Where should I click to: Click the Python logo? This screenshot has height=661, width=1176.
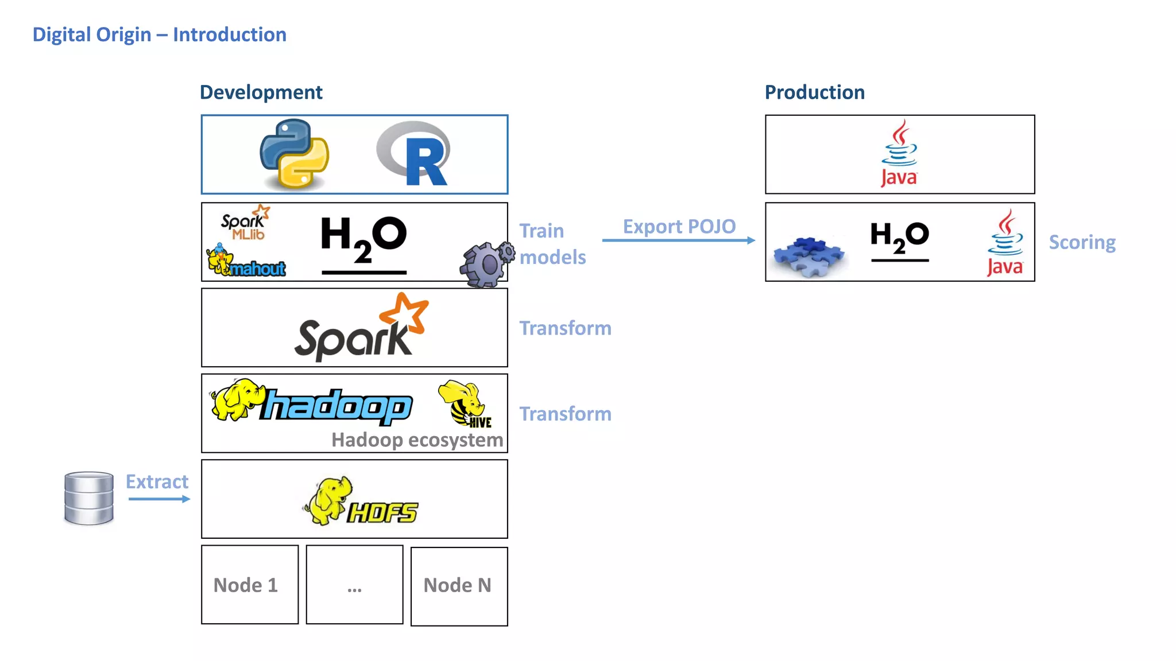point(294,154)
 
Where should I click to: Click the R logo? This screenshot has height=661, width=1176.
point(415,154)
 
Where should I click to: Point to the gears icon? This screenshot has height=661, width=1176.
point(487,264)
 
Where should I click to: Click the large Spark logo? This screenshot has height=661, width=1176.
point(361,328)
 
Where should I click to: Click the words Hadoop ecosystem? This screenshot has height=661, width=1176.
point(417,440)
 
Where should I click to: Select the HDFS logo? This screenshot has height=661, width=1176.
point(361,501)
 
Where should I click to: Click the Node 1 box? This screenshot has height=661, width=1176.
point(250,585)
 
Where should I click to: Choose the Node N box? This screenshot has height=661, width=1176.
point(459,586)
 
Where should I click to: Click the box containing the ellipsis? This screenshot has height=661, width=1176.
point(354,585)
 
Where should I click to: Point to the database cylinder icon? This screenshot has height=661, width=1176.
point(88,498)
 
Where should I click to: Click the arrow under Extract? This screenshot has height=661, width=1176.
point(159,499)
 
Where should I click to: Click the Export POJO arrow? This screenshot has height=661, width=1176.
point(678,240)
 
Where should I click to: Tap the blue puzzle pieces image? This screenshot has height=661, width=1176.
point(808,255)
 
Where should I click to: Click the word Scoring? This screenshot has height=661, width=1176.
point(1082,242)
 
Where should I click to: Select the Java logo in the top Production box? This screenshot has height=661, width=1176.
point(899,154)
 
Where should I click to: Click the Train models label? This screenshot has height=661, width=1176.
point(552,244)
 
